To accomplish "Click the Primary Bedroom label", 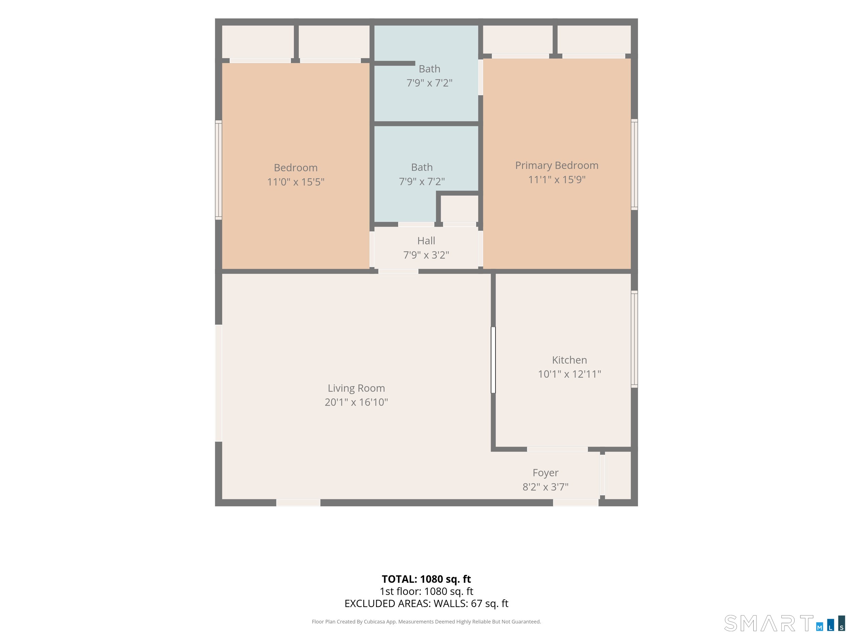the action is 556,166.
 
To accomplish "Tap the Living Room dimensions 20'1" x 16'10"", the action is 356,402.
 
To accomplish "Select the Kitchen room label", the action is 569,360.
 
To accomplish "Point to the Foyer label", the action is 545,473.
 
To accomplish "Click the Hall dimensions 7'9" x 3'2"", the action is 426,255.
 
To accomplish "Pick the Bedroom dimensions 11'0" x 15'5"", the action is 296,182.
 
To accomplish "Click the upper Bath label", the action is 429,69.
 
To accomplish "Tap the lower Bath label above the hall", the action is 422,167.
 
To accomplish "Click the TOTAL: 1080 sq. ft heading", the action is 426,579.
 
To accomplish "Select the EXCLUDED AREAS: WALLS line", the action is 426,604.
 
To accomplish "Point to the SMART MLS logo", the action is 784,623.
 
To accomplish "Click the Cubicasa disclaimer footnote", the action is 426,622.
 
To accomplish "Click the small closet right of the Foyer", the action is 618,475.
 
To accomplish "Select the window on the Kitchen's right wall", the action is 634,339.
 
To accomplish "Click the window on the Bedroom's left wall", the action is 218,170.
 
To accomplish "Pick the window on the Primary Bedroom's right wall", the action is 634,165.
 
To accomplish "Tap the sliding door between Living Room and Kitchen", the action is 493,360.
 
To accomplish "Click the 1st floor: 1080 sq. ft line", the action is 426,591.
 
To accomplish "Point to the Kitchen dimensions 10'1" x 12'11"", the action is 569,374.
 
